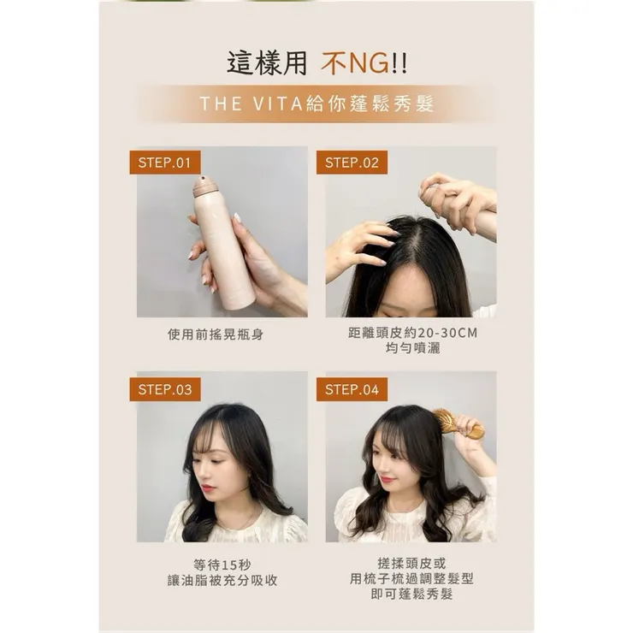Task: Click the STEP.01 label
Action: [164, 163]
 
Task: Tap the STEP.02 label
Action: [351, 163]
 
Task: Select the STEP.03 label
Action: [164, 389]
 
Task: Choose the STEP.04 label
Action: [351, 389]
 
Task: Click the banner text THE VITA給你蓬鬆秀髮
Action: [316, 104]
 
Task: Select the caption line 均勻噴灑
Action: [411, 349]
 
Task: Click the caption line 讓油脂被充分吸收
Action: [222, 580]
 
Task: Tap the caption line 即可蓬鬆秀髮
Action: [411, 594]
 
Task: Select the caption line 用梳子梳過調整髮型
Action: [411, 578]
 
